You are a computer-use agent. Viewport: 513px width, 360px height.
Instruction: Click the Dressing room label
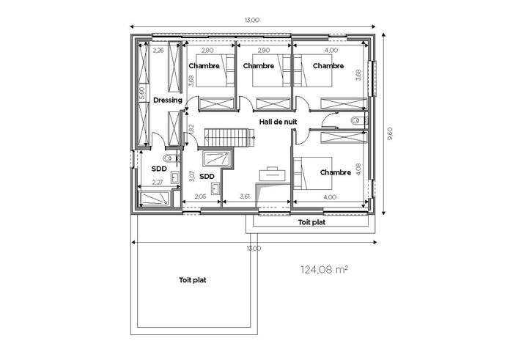coord(168,100)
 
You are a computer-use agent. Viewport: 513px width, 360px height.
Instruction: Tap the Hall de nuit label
coord(278,122)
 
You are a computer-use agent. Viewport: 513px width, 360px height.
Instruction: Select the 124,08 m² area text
coord(324,270)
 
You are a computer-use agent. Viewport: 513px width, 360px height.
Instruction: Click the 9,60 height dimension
coord(389,134)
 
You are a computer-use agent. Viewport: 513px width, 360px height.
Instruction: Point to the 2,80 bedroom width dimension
coord(207,51)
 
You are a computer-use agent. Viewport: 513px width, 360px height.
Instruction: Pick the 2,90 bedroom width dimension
coord(264,51)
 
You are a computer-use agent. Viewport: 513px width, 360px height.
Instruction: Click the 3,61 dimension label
coord(245,196)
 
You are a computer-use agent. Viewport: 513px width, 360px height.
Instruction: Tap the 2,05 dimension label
coord(200,196)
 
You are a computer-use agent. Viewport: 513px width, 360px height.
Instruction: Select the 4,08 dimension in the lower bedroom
coord(358,170)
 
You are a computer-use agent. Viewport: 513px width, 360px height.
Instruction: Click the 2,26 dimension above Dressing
coord(158,51)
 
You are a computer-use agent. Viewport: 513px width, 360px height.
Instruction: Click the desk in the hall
coord(272,174)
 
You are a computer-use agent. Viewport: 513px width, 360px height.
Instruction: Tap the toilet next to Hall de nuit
coord(356,121)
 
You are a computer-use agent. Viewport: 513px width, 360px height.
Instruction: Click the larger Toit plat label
coord(193,280)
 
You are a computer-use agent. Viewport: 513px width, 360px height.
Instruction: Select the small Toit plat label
coord(311,223)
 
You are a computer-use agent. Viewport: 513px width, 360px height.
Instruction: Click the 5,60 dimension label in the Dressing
coord(142,93)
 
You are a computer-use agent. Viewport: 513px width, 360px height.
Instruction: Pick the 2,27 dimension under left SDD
coord(158,183)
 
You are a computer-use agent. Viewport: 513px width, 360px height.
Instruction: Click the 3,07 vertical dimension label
coord(192,176)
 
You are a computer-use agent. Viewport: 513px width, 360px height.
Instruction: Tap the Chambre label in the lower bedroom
coord(336,172)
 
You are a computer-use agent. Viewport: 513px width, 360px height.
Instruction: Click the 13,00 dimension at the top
coord(252,20)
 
